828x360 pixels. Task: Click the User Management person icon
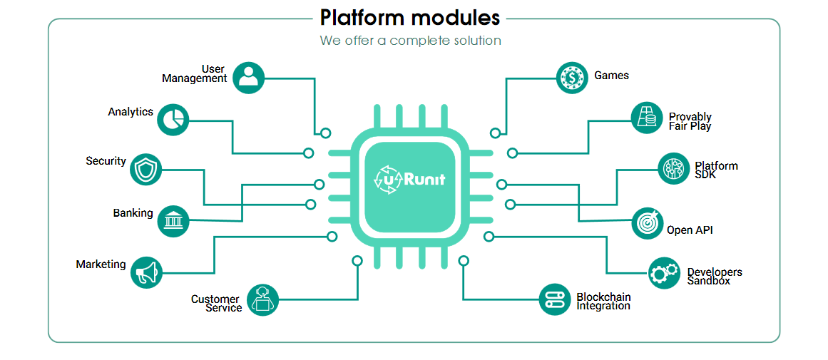(248, 78)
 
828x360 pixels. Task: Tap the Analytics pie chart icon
(173, 119)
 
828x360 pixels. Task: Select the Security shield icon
(145, 170)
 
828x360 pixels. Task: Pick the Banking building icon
(173, 220)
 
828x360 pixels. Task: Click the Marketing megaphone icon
(146, 272)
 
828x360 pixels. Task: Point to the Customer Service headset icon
(262, 300)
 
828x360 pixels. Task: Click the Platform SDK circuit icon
(674, 170)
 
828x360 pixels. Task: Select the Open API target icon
(648, 223)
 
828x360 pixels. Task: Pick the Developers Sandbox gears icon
(664, 273)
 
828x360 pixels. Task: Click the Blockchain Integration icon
(555, 300)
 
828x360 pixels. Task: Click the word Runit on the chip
(424, 180)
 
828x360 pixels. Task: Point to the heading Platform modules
(410, 18)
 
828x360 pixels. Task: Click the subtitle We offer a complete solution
(410, 41)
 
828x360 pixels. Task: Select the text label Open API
(690, 230)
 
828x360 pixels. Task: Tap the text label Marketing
(101, 264)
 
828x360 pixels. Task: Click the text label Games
(611, 76)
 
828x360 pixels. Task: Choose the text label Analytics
(131, 112)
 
